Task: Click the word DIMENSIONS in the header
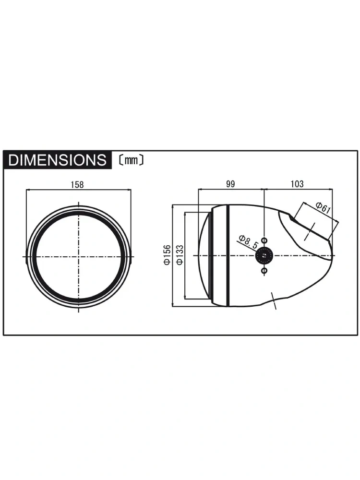(58, 160)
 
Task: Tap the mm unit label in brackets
(131, 160)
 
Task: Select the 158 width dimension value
(77, 185)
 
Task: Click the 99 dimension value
(230, 184)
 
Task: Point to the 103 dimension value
(297, 184)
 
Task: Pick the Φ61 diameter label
(323, 208)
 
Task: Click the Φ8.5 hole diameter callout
(249, 241)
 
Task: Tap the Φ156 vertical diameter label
(167, 255)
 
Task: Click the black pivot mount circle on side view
(264, 255)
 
